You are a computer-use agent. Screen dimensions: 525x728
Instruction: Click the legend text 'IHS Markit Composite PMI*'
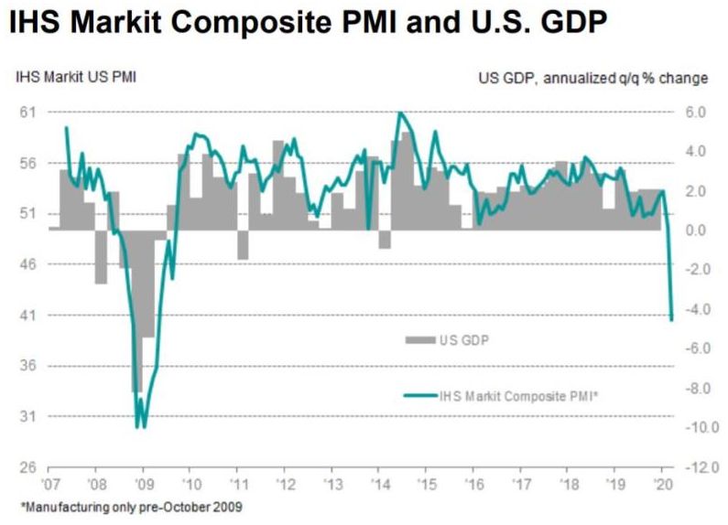519,395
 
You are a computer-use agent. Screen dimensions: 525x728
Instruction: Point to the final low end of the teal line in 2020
672,319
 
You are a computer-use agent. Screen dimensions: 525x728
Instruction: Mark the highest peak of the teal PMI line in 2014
400,113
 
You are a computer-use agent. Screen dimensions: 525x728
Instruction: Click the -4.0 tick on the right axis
693,309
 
